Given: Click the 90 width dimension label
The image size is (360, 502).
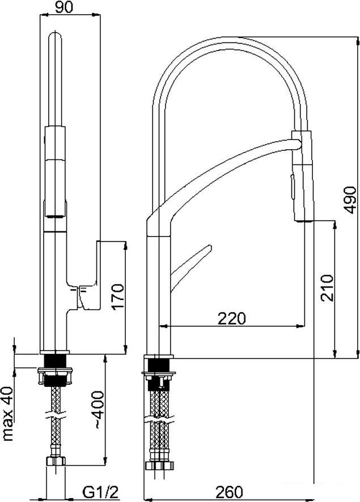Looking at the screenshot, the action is pyautogui.click(x=63, y=7).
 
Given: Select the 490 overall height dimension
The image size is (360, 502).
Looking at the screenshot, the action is pyautogui.click(x=350, y=200).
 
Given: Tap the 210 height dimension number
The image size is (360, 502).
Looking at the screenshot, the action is pyautogui.click(x=327, y=288).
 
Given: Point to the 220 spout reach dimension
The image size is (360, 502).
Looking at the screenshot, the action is pyautogui.click(x=232, y=318).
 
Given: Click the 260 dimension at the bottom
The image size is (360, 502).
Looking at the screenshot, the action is pyautogui.click(x=229, y=492).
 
